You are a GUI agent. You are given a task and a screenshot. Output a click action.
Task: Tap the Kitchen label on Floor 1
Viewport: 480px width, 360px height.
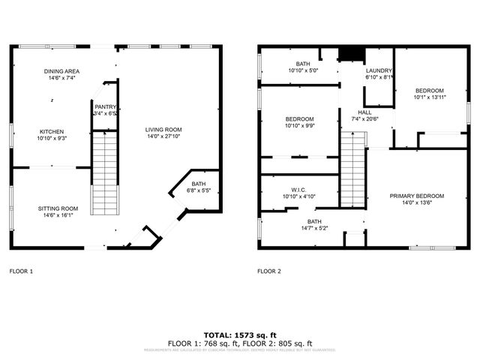[52, 131]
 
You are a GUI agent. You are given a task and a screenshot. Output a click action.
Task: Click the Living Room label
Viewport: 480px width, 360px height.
[163, 130]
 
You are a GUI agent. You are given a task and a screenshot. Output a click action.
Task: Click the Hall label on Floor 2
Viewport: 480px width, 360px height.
[365, 112]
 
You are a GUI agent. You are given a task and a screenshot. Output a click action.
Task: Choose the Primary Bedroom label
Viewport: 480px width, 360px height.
[410, 196]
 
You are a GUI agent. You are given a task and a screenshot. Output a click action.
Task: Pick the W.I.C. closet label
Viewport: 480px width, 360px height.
[298, 190]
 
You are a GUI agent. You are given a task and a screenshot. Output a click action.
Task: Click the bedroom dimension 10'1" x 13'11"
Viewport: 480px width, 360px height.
[430, 96]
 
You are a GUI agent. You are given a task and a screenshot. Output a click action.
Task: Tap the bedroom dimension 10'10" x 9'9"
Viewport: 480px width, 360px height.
[299, 125]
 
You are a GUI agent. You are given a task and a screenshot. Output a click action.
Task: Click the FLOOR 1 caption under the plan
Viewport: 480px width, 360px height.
[21, 271]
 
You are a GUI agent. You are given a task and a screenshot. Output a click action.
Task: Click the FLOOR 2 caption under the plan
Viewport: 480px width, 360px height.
[268, 271]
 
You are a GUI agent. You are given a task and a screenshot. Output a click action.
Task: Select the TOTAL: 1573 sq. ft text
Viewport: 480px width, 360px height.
[239, 334]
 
